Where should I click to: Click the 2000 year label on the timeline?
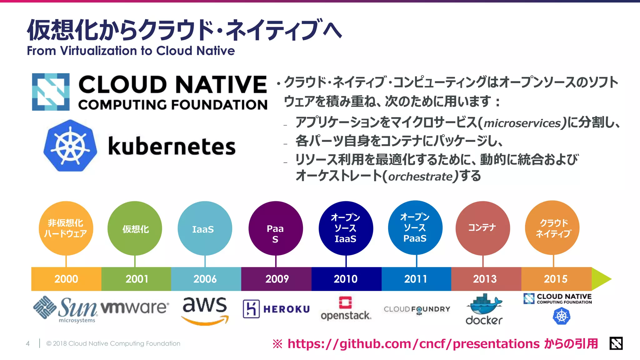66,279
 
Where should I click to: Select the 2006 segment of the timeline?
205,279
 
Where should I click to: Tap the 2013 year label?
485,279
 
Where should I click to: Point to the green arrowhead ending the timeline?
601,279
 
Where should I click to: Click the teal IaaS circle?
205,228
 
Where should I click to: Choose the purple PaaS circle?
275,228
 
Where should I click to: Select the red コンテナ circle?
482,228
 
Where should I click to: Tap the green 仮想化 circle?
135,228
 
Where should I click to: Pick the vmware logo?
135,307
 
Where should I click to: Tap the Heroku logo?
276,309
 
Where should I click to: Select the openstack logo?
346,309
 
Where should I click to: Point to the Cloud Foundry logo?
417,309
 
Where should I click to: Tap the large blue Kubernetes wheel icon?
70,146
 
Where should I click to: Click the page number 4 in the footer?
28,344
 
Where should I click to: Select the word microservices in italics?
522,123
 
